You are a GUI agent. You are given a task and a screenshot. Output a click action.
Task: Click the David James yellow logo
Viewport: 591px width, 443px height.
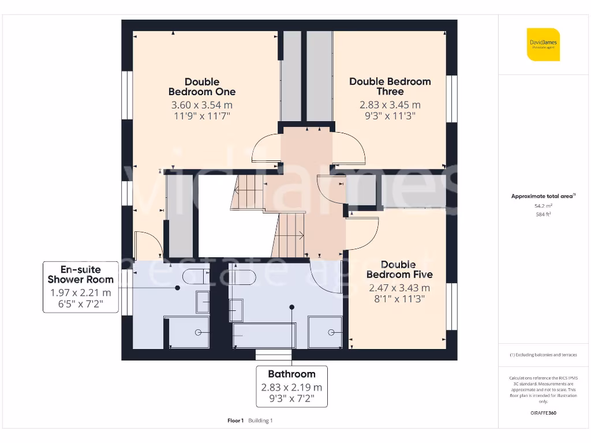[543, 44]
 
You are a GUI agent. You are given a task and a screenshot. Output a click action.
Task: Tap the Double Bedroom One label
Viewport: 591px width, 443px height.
[201, 87]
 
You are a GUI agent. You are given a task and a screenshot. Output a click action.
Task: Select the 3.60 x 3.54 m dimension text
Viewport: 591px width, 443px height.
[201, 105]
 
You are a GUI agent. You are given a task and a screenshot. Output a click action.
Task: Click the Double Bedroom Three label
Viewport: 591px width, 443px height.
[390, 87]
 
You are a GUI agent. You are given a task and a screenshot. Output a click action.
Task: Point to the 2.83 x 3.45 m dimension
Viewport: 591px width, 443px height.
[390, 105]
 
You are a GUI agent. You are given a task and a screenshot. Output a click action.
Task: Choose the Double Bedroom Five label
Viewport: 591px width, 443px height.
[399, 269]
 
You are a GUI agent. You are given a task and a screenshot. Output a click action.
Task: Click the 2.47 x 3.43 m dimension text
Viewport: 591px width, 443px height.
[399, 288]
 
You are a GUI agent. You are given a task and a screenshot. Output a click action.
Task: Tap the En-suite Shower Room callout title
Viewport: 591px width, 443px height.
[80, 275]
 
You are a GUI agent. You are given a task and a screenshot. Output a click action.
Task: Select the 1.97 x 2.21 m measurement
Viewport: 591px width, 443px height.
[80, 293]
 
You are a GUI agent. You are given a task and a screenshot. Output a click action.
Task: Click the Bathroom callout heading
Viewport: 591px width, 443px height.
[291, 374]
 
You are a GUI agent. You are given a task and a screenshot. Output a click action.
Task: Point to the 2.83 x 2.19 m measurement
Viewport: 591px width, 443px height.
[291, 388]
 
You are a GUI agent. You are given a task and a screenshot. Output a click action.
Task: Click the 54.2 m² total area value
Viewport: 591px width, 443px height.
[543, 205]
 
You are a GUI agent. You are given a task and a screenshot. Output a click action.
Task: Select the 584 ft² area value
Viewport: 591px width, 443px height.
[543, 214]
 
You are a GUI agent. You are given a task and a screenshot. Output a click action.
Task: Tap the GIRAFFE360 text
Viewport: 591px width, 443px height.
[543, 413]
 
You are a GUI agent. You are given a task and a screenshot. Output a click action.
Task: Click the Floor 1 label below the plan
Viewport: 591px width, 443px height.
[235, 421]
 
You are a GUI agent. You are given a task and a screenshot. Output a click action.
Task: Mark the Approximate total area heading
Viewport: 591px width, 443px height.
[543, 196]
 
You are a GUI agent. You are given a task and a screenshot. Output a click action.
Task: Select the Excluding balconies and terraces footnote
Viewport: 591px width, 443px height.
[543, 355]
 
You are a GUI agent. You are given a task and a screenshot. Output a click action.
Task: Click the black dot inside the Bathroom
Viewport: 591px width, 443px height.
[292, 307]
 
